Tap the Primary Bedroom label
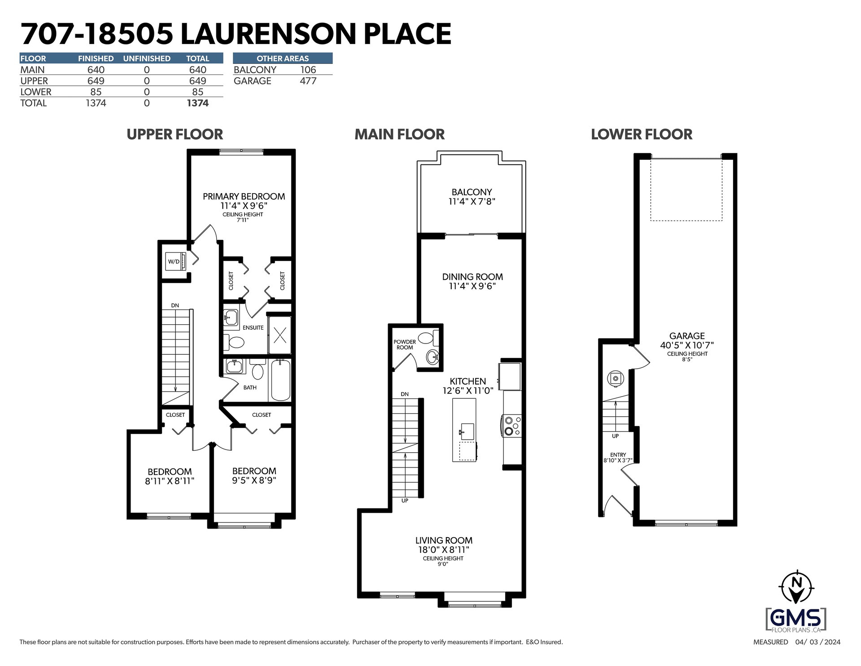(244, 196)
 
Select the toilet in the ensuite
(234, 342)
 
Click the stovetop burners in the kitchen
(512, 425)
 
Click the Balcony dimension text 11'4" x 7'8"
(472, 201)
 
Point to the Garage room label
(687, 335)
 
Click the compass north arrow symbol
(797, 587)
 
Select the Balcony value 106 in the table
(308, 70)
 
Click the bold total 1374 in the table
(197, 103)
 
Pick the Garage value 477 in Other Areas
(308, 81)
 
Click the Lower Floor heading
(642, 134)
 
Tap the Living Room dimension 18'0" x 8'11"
(444, 550)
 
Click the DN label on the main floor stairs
(405, 394)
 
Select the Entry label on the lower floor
(618, 455)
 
